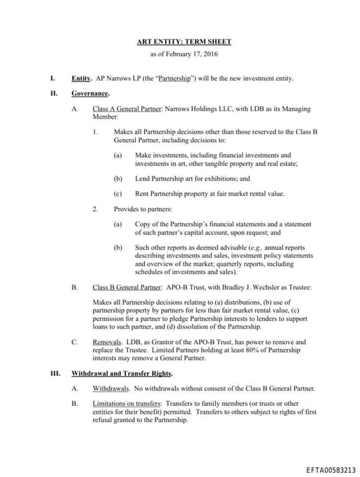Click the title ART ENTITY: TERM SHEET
184,42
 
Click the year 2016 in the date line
209,54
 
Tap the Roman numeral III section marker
54,374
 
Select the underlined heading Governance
90,94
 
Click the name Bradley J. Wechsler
238,287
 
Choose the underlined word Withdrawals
110,388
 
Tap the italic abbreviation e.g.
245,248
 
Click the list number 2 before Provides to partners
95,209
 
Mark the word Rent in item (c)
141,193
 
